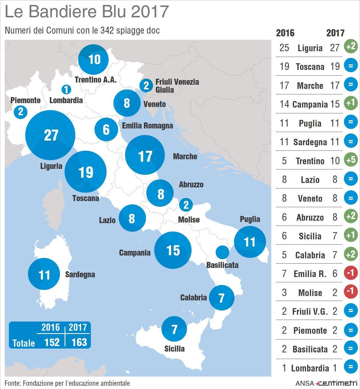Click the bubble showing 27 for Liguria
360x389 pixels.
pos(50,135)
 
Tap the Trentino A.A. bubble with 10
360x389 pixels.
pos(93,59)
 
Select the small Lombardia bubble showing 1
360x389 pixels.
pos(66,89)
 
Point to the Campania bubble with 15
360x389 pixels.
pos(173,250)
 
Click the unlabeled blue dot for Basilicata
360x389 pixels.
pos(222,252)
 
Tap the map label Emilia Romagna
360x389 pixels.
pos(147,126)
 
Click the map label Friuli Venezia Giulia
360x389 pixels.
pos(177,86)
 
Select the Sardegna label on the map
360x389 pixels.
pos(80,274)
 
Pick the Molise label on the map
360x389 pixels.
pos(189,220)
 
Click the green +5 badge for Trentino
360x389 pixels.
pos(351,160)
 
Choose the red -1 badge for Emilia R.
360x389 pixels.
pos(351,273)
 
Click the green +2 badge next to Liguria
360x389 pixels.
pos(351,46)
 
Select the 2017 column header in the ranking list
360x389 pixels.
pos(335,33)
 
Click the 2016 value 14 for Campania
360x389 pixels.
pos(284,104)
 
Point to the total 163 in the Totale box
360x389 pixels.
pos(79,342)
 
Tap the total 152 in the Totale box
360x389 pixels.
pos(52,342)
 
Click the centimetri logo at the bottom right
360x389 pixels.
pos(337,383)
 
